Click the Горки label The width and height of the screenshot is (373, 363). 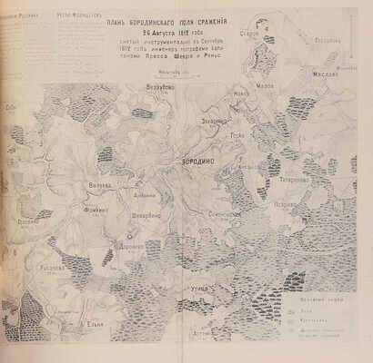click(237, 135)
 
